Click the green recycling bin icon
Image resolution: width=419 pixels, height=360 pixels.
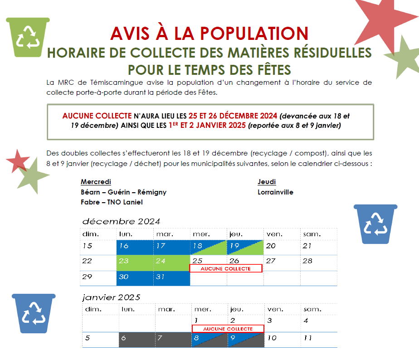click(28, 37)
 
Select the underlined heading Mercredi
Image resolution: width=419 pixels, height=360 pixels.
click(96, 182)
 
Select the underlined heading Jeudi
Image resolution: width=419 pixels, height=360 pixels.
click(267, 182)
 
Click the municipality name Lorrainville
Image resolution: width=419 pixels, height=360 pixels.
click(275, 192)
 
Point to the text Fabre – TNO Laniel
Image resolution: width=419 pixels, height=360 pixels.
click(112, 202)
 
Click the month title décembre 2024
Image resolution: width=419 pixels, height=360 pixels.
click(121, 221)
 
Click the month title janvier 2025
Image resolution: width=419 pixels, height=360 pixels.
click(111, 297)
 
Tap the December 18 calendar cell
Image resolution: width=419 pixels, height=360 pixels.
click(209, 247)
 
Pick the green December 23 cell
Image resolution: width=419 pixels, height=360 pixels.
click(135, 263)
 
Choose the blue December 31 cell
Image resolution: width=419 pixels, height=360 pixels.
click(171, 278)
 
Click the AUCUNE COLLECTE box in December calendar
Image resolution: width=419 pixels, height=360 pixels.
click(226, 268)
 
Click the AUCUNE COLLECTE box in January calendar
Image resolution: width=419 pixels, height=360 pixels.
click(228, 328)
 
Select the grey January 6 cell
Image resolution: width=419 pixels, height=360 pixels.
click(137, 340)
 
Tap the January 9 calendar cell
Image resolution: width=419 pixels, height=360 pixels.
click(246, 340)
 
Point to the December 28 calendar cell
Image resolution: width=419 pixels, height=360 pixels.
click(319, 263)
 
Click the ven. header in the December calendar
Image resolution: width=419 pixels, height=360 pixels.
click(274, 234)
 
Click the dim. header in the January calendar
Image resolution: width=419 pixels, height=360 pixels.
click(93, 309)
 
